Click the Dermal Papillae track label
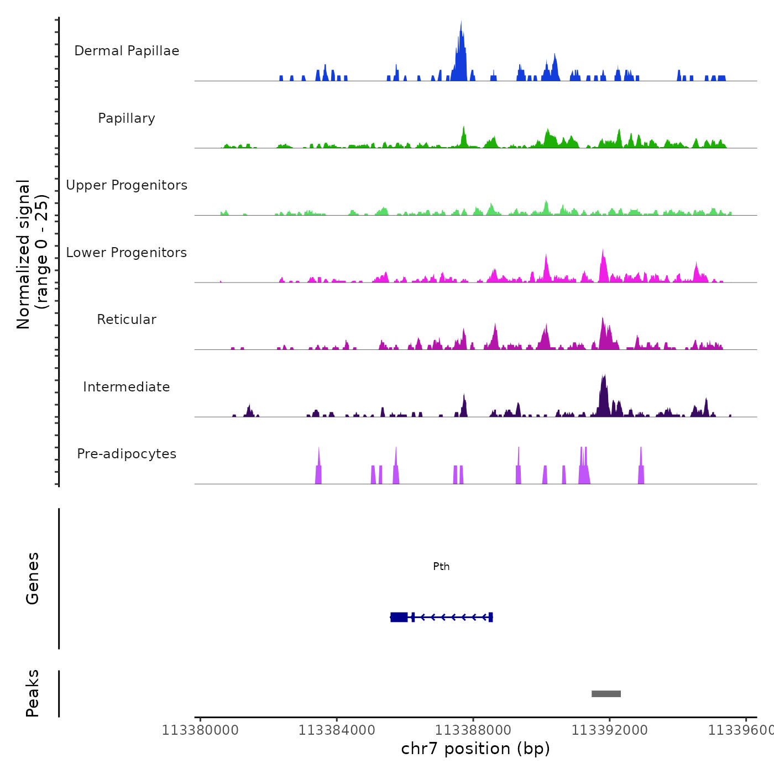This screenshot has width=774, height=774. point(127,51)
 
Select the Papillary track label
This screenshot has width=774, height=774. point(127,118)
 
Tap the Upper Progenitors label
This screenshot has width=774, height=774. point(127,185)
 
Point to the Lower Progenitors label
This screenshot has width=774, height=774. point(127,253)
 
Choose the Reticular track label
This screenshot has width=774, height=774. point(127,320)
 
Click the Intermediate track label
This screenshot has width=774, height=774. point(127,387)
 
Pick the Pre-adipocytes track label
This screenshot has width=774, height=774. point(127,454)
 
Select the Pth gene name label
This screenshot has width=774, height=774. point(441,567)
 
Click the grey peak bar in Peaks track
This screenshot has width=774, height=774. point(606,694)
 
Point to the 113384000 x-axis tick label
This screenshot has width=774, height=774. point(337,731)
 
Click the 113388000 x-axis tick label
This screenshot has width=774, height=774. point(473,731)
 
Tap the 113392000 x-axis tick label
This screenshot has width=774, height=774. point(609,731)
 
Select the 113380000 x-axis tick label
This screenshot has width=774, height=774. point(200,731)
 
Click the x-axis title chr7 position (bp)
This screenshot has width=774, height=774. point(475,749)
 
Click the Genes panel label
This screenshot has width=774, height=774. point(32,578)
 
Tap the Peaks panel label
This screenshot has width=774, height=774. point(32,693)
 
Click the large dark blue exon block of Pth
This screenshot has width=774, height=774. point(399,617)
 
